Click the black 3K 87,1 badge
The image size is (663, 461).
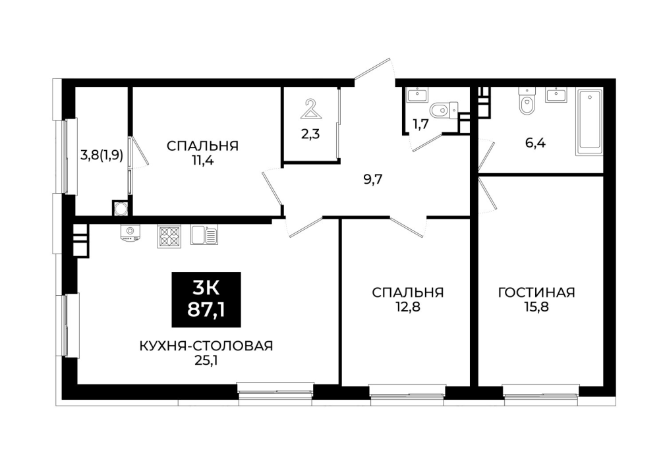point(206,300)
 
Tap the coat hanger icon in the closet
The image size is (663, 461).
point(311,109)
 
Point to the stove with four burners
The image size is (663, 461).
point(169,236)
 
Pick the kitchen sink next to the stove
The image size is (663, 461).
point(204,234)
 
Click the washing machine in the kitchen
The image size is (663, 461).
point(130,233)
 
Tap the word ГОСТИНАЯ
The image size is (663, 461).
point(536,292)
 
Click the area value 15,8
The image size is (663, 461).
point(536,306)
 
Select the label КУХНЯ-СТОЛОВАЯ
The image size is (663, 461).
point(206,346)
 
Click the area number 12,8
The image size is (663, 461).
point(407,306)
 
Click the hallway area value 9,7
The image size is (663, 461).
point(373,180)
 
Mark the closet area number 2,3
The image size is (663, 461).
point(310,134)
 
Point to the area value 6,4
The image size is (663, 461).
point(535,143)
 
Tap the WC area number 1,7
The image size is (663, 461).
point(421,124)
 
